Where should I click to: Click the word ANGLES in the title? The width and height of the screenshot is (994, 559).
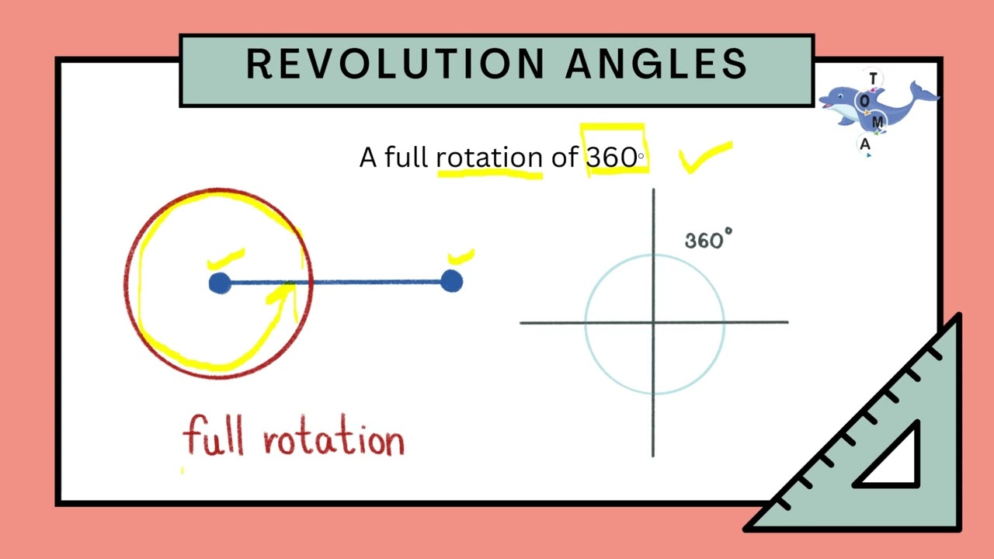pyautogui.click(x=656, y=64)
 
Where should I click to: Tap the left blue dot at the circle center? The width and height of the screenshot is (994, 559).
pyautogui.click(x=220, y=283)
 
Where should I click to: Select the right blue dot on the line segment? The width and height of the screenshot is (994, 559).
pyautogui.click(x=451, y=281)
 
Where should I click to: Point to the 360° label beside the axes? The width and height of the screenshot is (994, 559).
pyautogui.click(x=707, y=240)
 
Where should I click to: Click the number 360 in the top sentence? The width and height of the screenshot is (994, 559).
pyautogui.click(x=612, y=158)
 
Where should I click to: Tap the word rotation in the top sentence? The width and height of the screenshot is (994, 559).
pyautogui.click(x=488, y=158)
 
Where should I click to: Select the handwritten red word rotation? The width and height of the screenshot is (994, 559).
pyautogui.click(x=334, y=440)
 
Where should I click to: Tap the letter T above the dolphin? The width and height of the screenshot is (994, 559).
pyautogui.click(x=873, y=79)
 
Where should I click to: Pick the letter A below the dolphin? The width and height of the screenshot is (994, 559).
pyautogui.click(x=865, y=144)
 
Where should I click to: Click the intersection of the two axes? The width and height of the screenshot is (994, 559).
pyautogui.click(x=653, y=322)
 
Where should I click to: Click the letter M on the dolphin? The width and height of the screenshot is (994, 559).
pyautogui.click(x=878, y=123)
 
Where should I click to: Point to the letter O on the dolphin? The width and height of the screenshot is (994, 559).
pyautogui.click(x=864, y=101)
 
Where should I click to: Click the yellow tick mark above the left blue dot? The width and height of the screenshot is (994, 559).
pyautogui.click(x=226, y=259)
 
